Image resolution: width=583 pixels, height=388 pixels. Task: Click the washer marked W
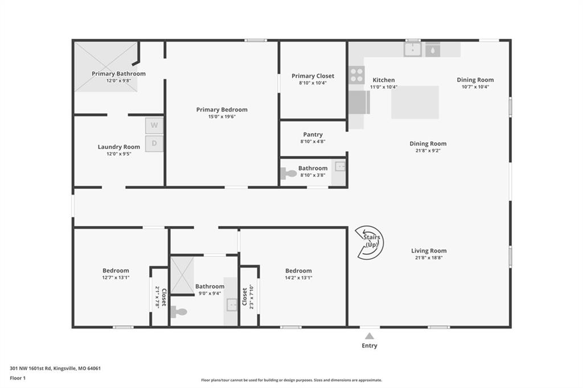click(154, 126)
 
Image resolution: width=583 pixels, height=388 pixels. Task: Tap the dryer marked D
click(154, 143)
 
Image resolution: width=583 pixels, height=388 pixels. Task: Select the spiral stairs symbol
click(369, 242)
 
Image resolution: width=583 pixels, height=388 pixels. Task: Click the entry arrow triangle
click(369, 336)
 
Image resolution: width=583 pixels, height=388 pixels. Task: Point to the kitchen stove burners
click(356, 75)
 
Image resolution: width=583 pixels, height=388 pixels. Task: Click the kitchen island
click(415, 102)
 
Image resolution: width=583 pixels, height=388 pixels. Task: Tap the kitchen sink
click(413, 49)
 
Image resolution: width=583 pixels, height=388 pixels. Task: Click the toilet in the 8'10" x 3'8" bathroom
click(288, 173)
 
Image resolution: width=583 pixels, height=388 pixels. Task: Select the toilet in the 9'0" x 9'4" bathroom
click(179, 312)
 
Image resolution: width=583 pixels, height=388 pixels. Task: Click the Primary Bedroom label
click(222, 110)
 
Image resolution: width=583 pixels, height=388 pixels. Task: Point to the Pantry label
click(313, 134)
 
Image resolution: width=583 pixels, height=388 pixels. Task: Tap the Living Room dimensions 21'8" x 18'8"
click(429, 258)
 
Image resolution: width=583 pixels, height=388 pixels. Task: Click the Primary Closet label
click(313, 76)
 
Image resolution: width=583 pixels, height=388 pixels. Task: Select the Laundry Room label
click(119, 147)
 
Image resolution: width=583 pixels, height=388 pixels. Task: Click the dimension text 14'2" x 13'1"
click(298, 278)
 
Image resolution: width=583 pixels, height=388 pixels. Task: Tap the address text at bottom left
click(55, 368)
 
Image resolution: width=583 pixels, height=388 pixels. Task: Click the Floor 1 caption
click(18, 378)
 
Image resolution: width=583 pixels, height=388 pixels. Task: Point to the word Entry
click(369, 346)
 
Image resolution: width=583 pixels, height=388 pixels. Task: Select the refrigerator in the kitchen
click(359, 102)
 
